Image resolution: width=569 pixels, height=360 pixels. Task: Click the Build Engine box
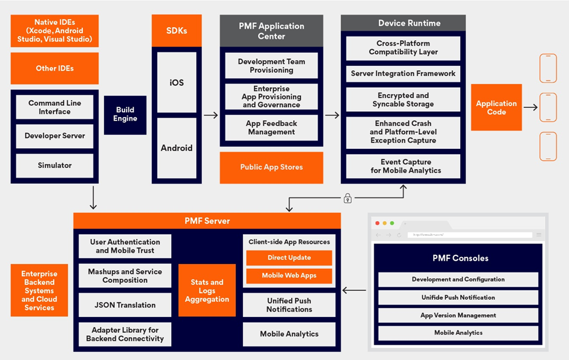click(125, 115)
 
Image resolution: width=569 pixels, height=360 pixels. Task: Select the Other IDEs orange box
click(55, 68)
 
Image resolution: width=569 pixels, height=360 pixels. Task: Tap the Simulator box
click(55, 165)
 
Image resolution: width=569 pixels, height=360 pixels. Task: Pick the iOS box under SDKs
click(177, 83)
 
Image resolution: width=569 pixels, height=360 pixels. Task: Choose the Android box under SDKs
click(177, 148)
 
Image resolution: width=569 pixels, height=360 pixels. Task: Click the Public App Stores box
click(271, 167)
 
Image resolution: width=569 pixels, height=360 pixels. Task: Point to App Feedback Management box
click(271, 128)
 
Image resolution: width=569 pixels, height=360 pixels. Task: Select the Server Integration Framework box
click(403, 74)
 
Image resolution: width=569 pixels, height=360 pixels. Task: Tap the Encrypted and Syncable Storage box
click(403, 100)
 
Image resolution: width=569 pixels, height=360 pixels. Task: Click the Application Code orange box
click(496, 108)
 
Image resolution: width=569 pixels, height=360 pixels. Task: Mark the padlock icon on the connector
click(348, 199)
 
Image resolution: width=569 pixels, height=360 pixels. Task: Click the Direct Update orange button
click(289, 258)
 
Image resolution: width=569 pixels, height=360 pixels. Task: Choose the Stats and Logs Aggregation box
click(207, 291)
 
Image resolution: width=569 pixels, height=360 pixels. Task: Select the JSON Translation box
click(125, 305)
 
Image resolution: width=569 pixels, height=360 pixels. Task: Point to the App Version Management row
click(458, 315)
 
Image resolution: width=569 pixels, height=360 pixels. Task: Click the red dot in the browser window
click(378, 224)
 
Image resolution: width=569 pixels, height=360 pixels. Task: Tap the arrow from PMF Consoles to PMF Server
click(354, 290)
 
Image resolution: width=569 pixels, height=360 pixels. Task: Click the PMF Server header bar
click(207, 221)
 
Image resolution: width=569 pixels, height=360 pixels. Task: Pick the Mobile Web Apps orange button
click(289, 275)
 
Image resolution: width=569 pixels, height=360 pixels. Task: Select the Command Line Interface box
click(55, 107)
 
